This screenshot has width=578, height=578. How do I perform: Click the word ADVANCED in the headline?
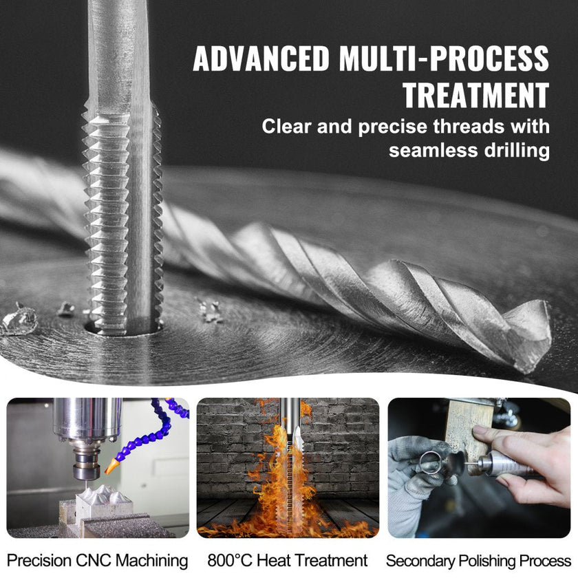click(261, 58)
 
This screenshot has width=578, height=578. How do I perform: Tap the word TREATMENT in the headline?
click(476, 95)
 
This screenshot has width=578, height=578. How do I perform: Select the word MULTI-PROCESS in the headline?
click(445, 58)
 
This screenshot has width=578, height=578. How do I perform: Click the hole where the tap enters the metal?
click(123, 329)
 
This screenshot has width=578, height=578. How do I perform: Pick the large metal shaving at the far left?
click(19, 320)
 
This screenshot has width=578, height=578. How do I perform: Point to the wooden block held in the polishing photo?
click(469, 427)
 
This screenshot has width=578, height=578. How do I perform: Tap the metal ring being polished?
click(431, 462)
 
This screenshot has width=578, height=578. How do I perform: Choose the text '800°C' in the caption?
click(229, 560)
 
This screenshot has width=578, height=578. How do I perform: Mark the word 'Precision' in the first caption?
click(39, 560)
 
